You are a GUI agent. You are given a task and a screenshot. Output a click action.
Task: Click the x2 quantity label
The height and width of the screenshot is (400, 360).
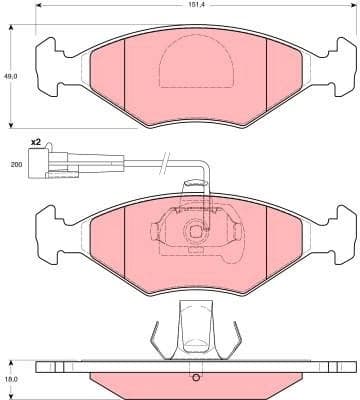pos(36,143)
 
